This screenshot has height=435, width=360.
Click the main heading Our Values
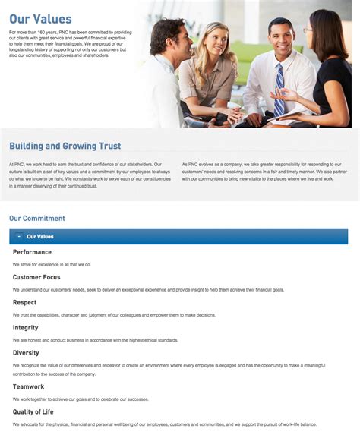[x=40, y=20]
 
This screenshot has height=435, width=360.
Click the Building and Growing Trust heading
[x=65, y=146]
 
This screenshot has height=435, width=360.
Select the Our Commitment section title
[x=37, y=219]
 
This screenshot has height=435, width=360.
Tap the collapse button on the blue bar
[x=19, y=237]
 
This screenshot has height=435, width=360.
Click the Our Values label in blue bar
[x=40, y=237]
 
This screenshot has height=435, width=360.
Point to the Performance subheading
[x=32, y=252]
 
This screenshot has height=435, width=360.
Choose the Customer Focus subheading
[x=36, y=277]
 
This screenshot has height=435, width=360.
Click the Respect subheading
[x=24, y=302]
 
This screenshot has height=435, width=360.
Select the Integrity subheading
[x=26, y=328]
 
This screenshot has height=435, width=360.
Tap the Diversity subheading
[x=26, y=353]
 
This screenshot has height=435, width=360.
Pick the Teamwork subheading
[x=28, y=386]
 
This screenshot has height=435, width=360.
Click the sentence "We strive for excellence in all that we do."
[x=52, y=264]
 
